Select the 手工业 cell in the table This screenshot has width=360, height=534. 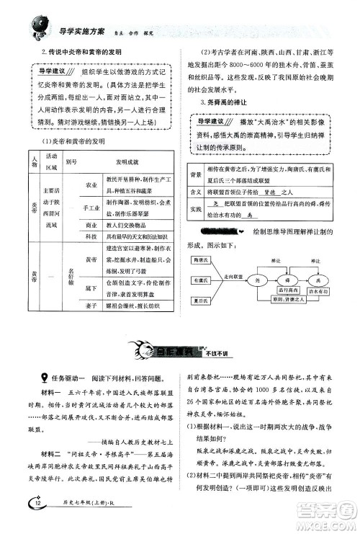coord(91,208)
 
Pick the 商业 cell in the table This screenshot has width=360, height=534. coord(91,225)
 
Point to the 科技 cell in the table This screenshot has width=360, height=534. coord(91,236)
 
